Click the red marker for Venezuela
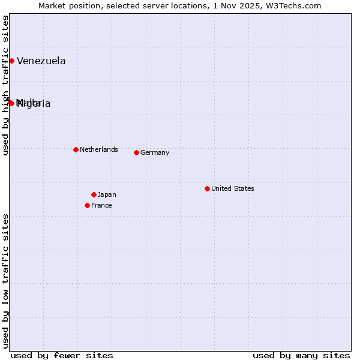coord(11,61)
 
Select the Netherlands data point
coord(76,149)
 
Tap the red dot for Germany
coord(136,152)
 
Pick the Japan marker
coord(94,194)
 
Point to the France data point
coord(87,205)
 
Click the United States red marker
coord(207,188)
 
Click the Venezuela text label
coord(41,61)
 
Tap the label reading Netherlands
coord(98,149)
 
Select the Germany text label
coord(155,152)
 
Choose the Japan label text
coord(107,194)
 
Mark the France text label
coord(101,205)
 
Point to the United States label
coord(232,188)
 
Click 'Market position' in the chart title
coord(66,5)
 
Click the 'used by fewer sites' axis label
coord(62,355)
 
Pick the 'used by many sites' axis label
coord(301,355)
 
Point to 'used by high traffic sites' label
coord(5,85)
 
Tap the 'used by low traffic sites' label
coord(5,280)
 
